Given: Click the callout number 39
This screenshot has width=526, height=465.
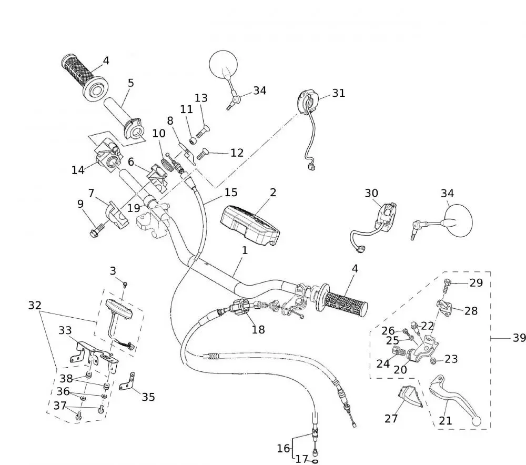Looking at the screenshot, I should (x=519, y=338).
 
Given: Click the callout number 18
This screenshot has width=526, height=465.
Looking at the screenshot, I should (x=258, y=330).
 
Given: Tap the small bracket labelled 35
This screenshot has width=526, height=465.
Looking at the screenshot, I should (x=128, y=382).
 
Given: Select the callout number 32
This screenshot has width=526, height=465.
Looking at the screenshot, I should (x=35, y=305).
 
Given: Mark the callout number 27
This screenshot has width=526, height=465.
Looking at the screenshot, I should (x=391, y=419).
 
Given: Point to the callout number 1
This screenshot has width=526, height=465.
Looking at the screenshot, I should (x=245, y=251).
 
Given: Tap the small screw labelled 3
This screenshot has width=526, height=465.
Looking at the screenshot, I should (x=126, y=284).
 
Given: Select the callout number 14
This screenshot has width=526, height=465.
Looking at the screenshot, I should (x=78, y=170).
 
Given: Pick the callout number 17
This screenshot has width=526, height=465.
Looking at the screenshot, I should (x=301, y=459).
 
